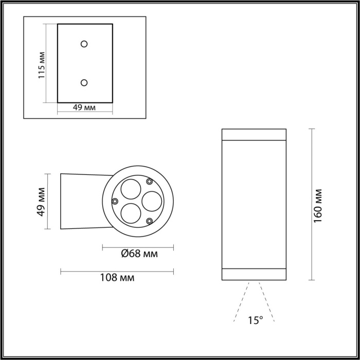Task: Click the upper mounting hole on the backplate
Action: point(84,44)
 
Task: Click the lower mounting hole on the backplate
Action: point(84,82)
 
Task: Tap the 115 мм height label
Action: point(42,64)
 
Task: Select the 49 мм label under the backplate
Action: point(84,107)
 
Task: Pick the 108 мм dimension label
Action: point(117,278)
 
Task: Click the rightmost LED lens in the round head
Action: point(152,201)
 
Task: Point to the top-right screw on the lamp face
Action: point(150,181)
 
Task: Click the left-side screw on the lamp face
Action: point(115,201)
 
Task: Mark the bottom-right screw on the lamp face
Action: point(150,221)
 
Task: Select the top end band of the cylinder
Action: point(254,134)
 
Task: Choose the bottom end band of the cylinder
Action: point(254,275)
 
